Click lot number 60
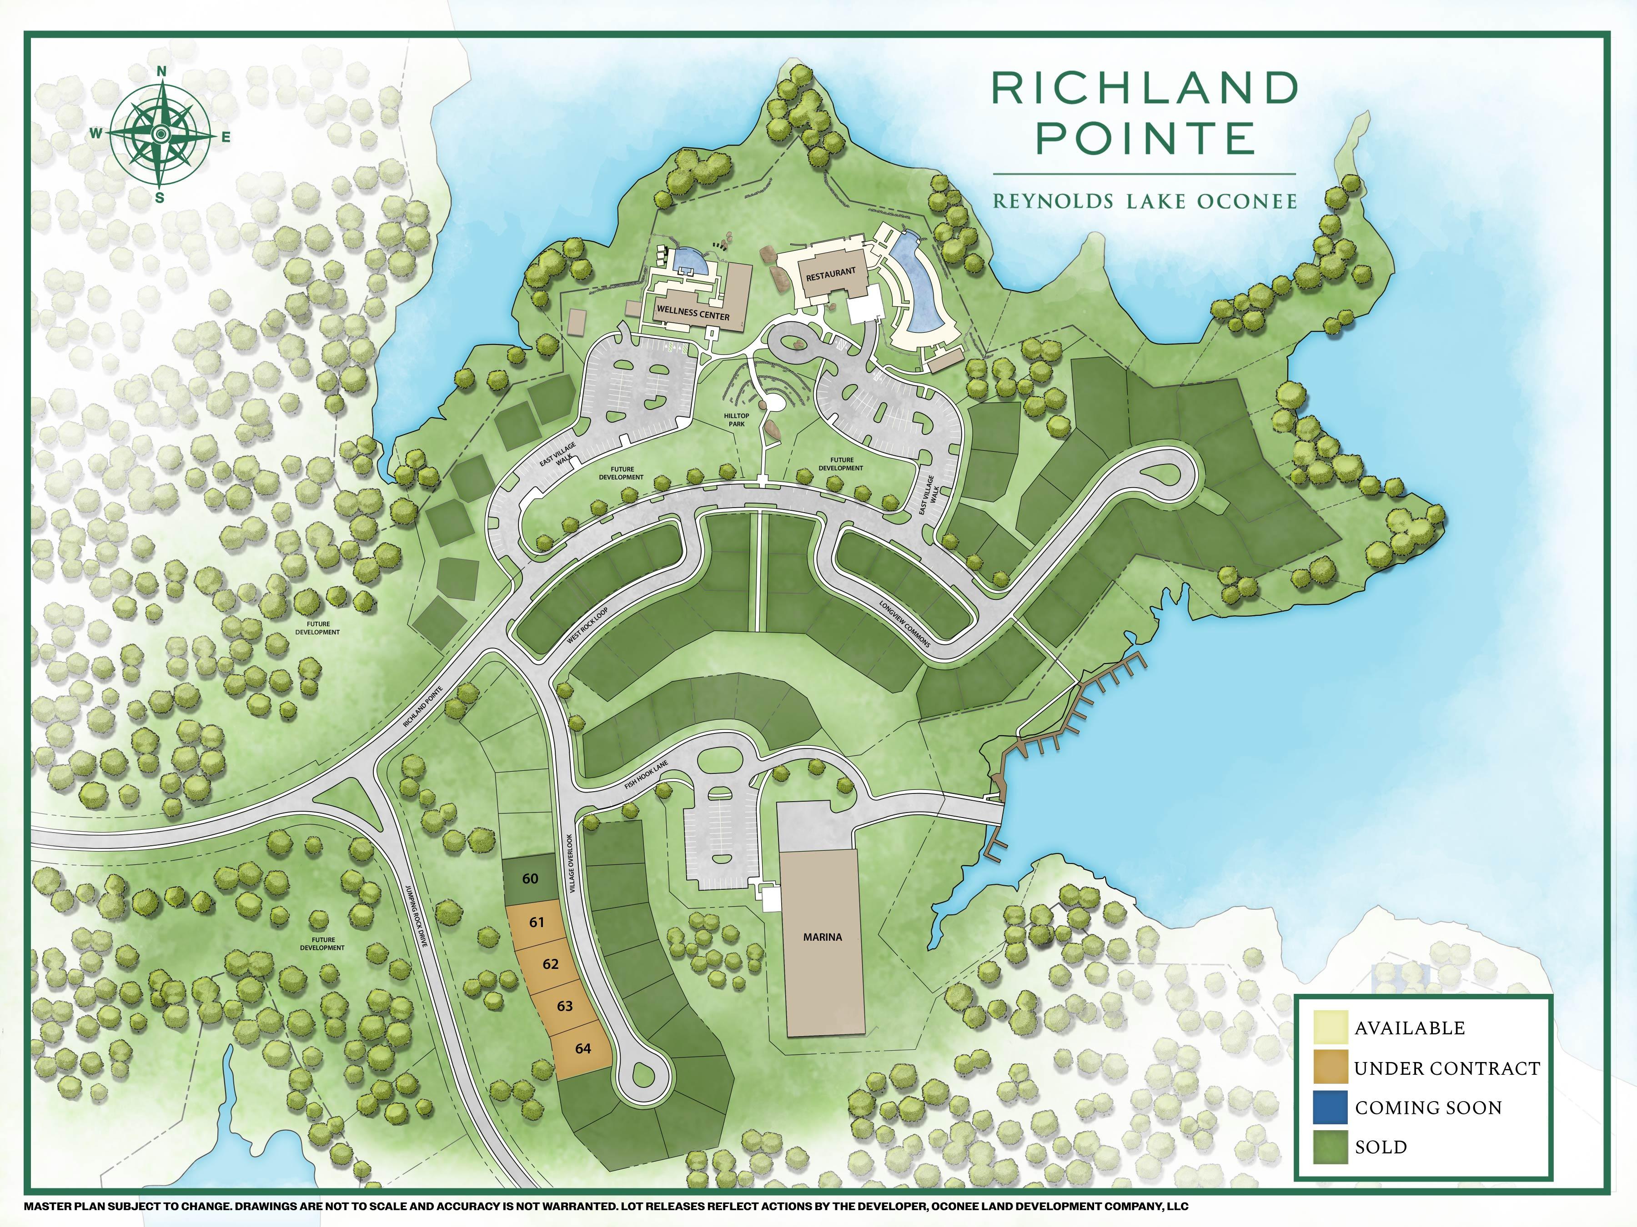point(530,878)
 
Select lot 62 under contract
point(550,964)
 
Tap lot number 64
point(582,1048)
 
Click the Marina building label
point(822,937)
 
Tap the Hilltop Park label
point(736,419)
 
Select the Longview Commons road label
point(904,624)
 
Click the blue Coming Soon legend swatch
point(1329,1107)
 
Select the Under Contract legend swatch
point(1329,1067)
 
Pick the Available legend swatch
point(1329,1027)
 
